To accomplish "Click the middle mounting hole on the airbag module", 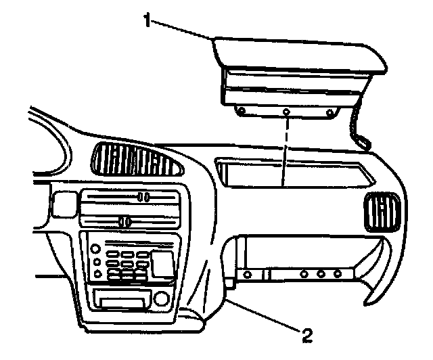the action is tap(286, 111).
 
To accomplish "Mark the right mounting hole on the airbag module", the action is tap(329, 112).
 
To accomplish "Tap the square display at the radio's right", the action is tap(162, 262).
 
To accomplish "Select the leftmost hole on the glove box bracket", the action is tap(248, 275).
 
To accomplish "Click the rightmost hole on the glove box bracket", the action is tap(336, 275).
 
